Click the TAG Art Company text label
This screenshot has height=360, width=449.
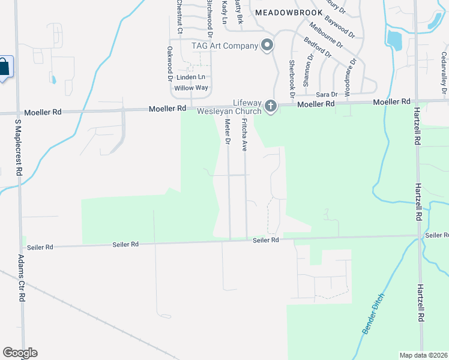(x=224, y=46)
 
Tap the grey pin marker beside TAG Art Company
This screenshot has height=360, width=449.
(x=268, y=45)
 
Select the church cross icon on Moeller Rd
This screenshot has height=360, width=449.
(x=270, y=107)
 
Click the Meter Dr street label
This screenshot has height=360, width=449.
(x=228, y=131)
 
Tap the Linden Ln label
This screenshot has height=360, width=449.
(x=190, y=77)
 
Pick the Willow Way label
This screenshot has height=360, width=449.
(x=191, y=88)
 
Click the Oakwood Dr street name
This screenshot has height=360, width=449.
(x=170, y=64)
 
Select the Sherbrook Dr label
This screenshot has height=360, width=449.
(x=292, y=78)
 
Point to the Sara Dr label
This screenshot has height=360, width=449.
(x=327, y=95)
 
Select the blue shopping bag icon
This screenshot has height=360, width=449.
(x=4, y=68)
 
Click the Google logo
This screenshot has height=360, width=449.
(x=20, y=353)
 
